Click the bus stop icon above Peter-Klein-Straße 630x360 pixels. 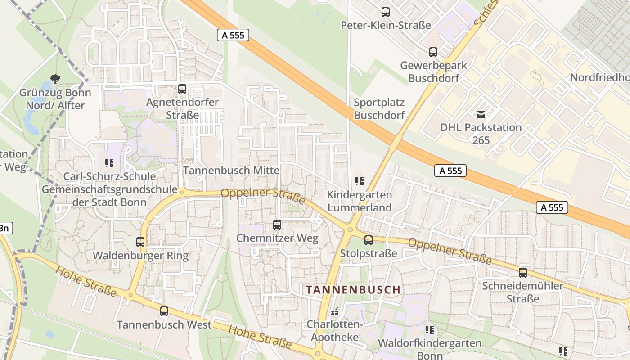386,12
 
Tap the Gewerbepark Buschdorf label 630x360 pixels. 434,72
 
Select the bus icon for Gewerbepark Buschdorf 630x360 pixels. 433,52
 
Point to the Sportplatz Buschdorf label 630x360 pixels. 379,109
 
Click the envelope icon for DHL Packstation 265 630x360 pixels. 481,114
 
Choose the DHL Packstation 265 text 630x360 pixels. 481,134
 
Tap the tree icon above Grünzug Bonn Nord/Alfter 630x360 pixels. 55,80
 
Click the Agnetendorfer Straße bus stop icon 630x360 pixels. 182,89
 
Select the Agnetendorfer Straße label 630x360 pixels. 182,108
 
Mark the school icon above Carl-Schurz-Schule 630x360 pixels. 109,163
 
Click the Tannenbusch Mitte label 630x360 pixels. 231,171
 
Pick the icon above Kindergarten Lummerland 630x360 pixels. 359,181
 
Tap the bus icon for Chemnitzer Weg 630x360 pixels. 277,225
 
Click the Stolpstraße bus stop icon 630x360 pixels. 369,240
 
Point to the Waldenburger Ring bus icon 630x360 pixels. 140,242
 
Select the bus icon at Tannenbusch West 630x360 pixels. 164,311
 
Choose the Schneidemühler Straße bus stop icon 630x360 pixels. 523,272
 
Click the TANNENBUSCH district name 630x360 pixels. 353,290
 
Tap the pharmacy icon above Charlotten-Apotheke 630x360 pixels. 335,311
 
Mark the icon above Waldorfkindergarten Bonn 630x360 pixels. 430,330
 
